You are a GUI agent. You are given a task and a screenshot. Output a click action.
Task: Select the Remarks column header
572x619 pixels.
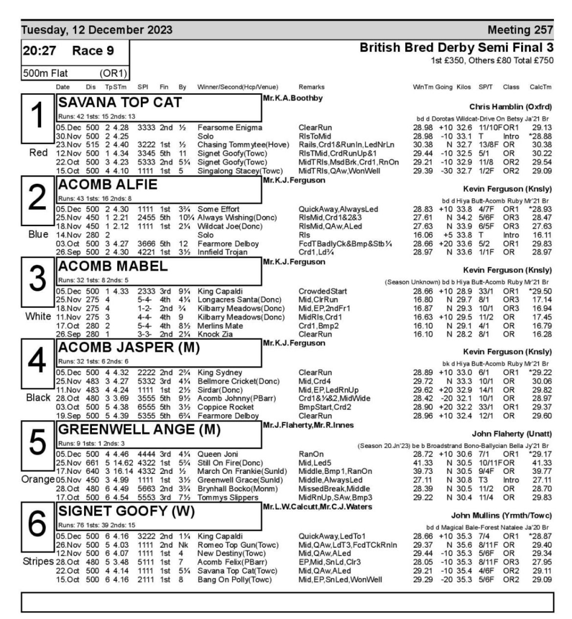313,86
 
